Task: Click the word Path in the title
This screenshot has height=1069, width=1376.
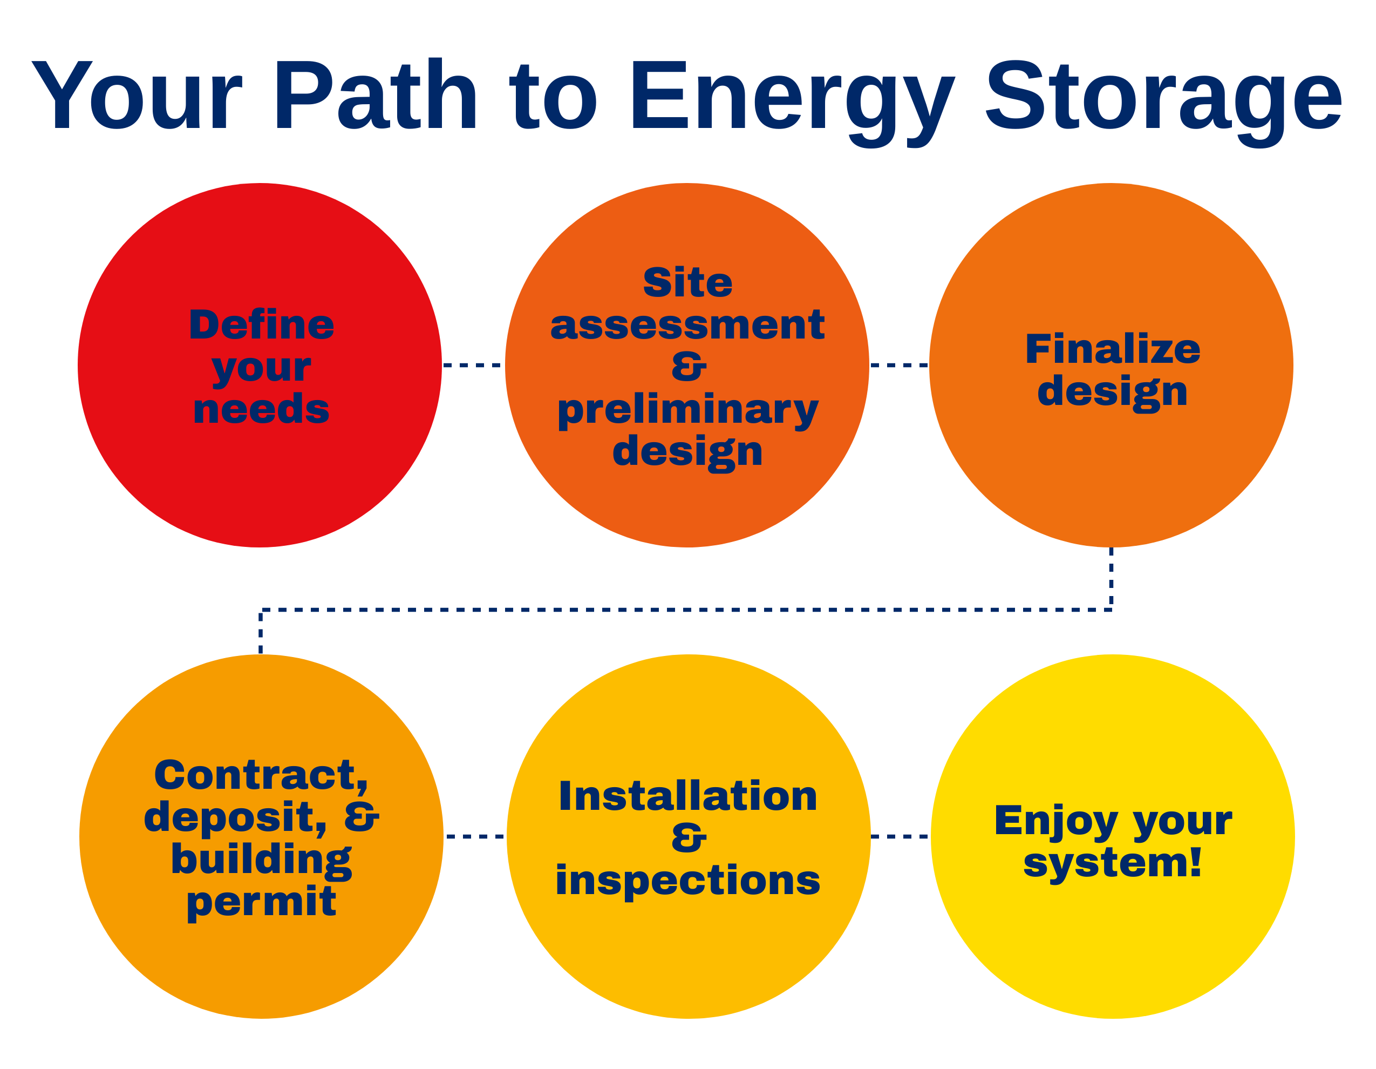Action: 376,94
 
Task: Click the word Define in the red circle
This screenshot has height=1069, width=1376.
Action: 262,324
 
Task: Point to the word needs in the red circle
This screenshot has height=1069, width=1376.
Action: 262,409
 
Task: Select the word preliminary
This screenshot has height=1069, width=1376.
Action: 687,411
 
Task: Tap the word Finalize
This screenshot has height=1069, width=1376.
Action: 1113,349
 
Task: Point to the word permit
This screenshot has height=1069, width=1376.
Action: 262,903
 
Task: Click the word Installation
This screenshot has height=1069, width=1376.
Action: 688,796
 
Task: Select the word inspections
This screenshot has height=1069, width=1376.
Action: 688,881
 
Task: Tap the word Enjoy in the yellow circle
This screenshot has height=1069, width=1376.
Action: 1056,821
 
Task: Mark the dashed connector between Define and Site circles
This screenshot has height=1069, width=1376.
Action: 474,365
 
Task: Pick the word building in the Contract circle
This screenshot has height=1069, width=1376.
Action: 262,861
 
